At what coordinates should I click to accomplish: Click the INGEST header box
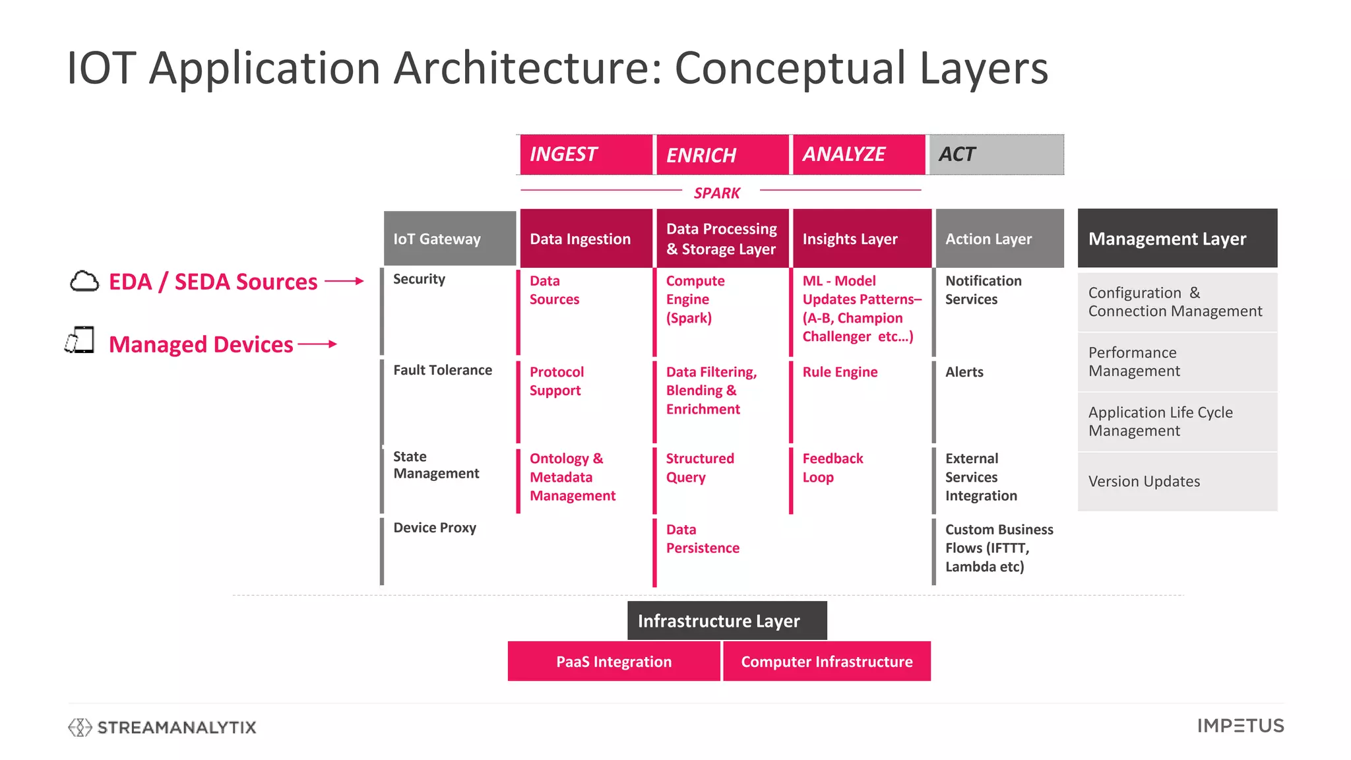(x=586, y=154)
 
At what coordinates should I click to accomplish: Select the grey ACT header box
(x=996, y=154)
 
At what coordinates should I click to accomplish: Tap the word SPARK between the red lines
(x=717, y=193)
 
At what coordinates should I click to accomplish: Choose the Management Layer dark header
(x=1177, y=239)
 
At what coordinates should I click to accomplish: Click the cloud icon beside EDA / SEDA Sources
(x=84, y=282)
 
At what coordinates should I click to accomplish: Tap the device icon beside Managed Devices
(x=80, y=340)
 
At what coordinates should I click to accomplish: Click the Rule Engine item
(x=840, y=372)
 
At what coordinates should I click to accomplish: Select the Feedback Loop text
(x=833, y=468)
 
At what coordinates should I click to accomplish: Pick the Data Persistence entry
(x=702, y=539)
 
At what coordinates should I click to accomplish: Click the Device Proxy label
(x=435, y=528)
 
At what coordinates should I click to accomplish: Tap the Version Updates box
(x=1177, y=482)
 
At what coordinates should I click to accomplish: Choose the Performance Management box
(x=1177, y=362)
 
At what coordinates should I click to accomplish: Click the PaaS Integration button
(x=613, y=662)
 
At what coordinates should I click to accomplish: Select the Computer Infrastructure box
(x=827, y=662)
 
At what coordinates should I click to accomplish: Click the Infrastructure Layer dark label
(x=726, y=621)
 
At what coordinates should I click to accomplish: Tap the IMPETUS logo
(x=1240, y=726)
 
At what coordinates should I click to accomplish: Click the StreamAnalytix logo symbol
(x=80, y=727)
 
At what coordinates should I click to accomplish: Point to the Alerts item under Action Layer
(x=964, y=372)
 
